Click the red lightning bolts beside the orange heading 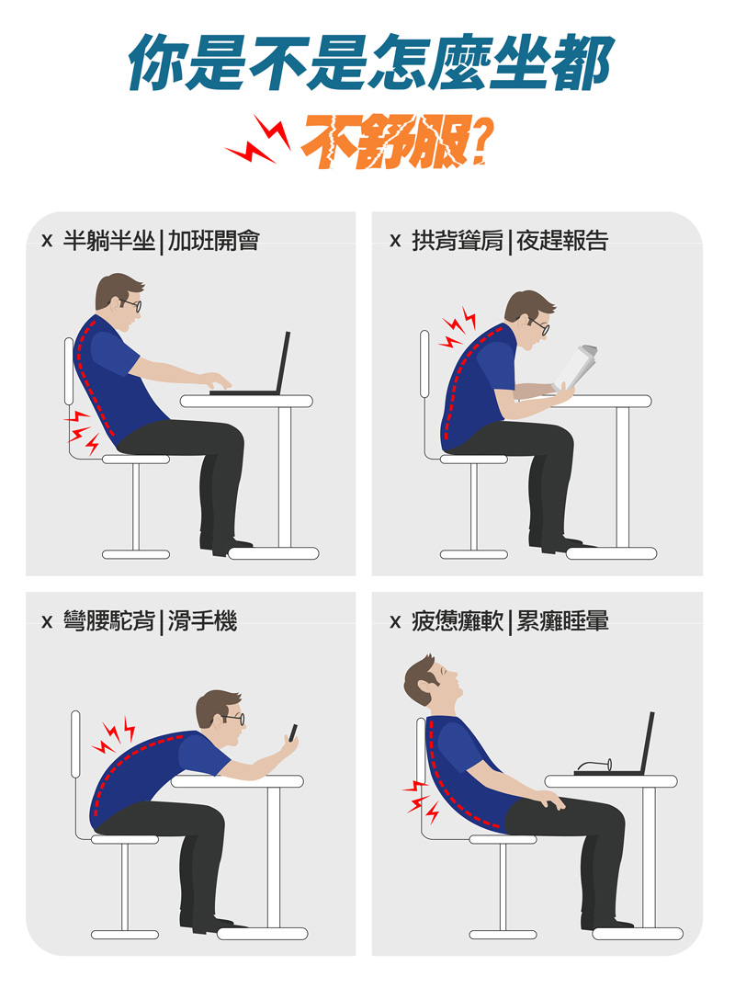(x=259, y=140)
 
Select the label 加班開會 (x=213, y=241)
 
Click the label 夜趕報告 (x=561, y=241)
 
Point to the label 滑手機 (x=202, y=621)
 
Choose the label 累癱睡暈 (x=562, y=621)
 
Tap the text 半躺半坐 (x=108, y=241)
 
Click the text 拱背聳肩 (x=458, y=241)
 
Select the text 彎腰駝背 (x=108, y=621)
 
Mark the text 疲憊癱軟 (x=458, y=621)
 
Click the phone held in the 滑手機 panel (x=293, y=732)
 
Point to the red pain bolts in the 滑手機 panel (x=114, y=734)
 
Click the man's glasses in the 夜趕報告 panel (x=539, y=325)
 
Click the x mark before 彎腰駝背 (x=47, y=622)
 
